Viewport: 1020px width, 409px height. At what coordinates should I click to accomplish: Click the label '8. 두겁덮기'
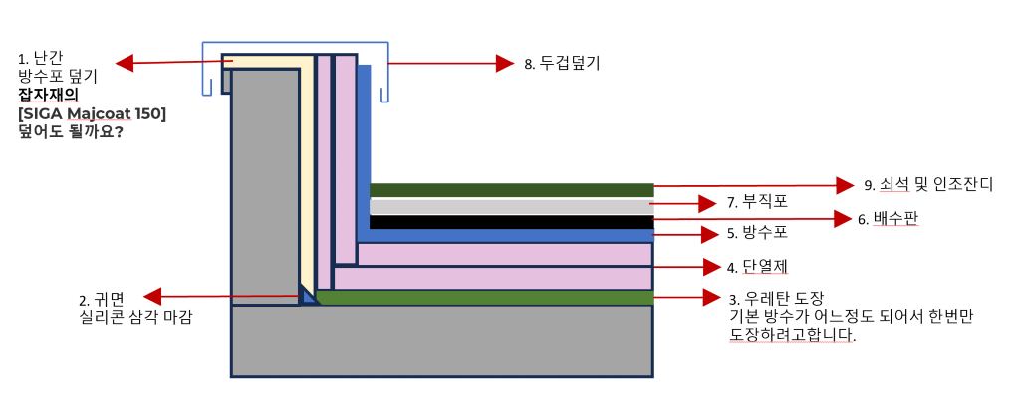point(562,63)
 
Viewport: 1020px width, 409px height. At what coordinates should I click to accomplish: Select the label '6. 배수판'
point(888,219)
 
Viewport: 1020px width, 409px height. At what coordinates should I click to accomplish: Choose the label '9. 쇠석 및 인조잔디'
point(927,185)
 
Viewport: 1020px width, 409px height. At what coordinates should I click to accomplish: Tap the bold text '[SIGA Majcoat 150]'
point(92,112)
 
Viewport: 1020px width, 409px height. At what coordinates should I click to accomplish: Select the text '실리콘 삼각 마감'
point(134,318)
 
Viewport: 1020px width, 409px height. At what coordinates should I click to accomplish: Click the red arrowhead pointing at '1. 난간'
point(125,64)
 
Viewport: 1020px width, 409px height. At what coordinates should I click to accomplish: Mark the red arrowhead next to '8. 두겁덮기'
point(504,63)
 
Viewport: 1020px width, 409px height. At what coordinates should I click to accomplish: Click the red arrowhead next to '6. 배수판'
point(841,218)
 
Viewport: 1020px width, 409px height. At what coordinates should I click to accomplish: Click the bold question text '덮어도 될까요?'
point(70,131)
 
